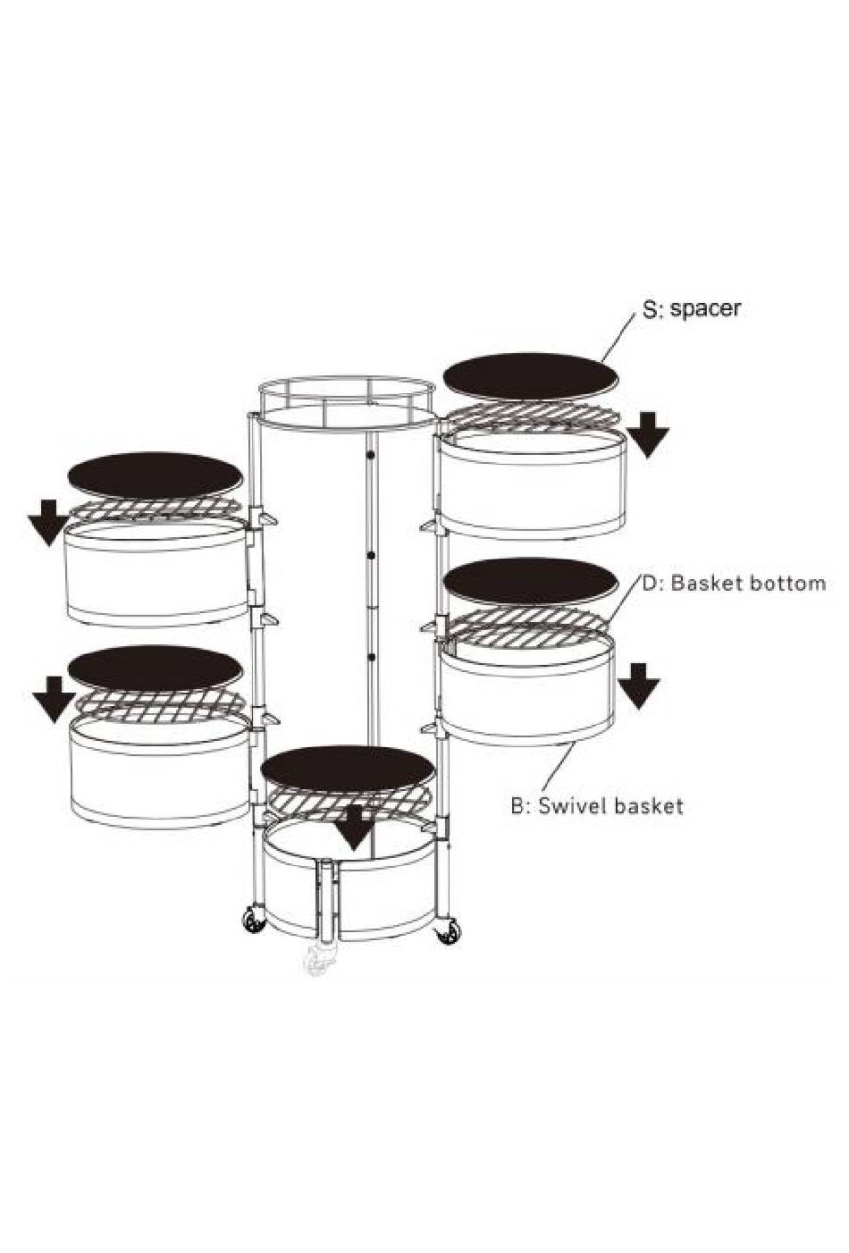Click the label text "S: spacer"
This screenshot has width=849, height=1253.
pyautogui.click(x=692, y=308)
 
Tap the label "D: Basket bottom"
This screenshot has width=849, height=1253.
pyautogui.click(x=734, y=583)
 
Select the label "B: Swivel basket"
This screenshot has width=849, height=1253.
pyautogui.click(x=597, y=806)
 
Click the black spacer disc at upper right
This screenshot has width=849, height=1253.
pyautogui.click(x=531, y=376)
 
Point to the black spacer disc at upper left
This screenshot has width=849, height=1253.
pyautogui.click(x=156, y=475)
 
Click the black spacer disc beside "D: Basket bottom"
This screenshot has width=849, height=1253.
pyautogui.click(x=531, y=583)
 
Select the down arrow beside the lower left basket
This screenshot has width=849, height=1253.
pyautogui.click(x=54, y=700)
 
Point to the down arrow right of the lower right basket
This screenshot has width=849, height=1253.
pyautogui.click(x=639, y=686)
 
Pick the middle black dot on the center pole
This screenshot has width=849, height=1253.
pyautogui.click(x=370, y=556)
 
